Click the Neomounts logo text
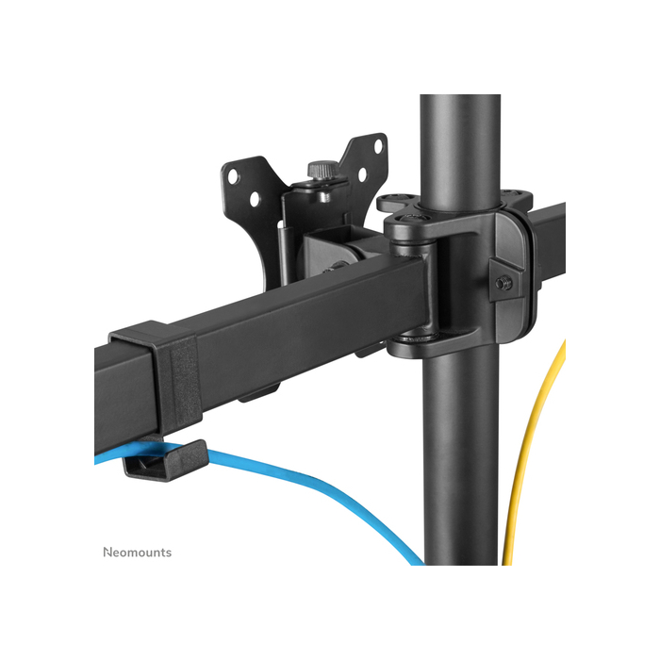click(137, 552)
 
